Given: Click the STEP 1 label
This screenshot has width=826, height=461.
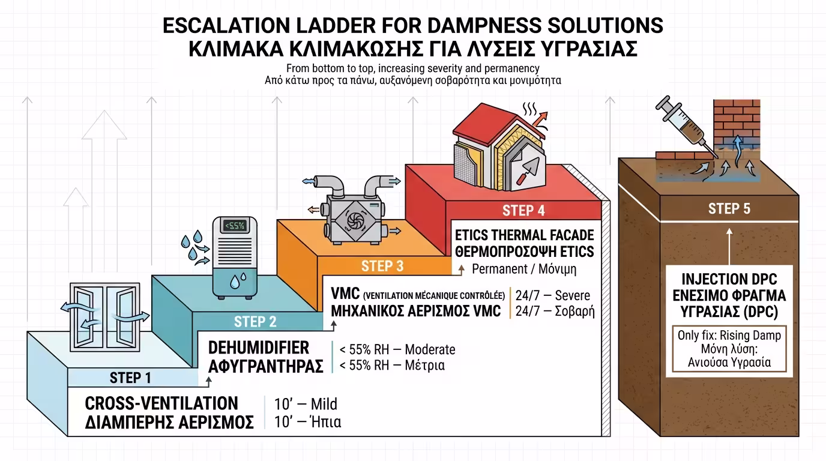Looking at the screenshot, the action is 130,378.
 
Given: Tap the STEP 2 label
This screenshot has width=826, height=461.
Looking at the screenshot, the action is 255,322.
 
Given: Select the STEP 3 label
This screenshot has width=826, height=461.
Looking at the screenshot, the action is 382,266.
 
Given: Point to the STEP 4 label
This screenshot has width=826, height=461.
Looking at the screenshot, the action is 523,211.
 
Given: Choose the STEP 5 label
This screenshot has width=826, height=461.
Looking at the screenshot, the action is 729,209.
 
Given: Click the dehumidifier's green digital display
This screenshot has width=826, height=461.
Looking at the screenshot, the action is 235,225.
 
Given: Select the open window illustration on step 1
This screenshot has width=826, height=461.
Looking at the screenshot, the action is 105,317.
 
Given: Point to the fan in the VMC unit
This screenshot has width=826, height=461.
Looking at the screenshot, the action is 355,221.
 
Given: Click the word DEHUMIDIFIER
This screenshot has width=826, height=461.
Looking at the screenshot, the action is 259,348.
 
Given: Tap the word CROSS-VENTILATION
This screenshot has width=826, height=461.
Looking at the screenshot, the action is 161,403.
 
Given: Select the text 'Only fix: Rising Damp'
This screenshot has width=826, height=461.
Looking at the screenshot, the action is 729,335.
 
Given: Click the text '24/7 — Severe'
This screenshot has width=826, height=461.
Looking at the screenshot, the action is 553,295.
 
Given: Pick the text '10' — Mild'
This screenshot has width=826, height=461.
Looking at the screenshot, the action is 306,404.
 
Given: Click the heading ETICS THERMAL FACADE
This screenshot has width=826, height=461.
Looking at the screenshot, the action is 525,235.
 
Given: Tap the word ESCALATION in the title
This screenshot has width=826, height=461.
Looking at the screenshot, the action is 226,26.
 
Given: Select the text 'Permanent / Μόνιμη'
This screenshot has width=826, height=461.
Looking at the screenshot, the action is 524,270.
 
